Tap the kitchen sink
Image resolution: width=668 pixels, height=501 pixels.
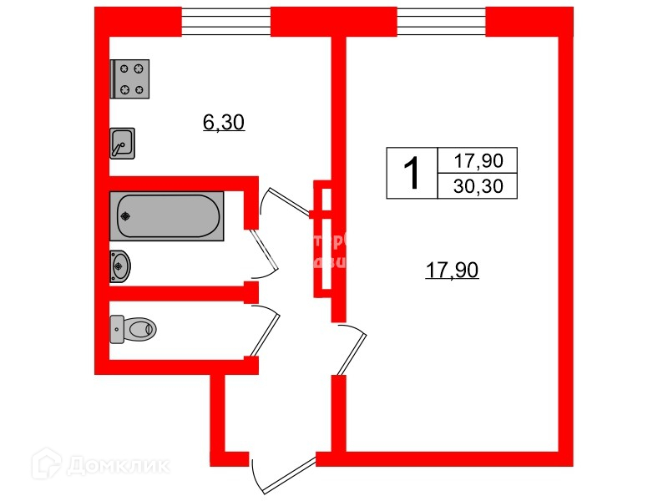click(122, 144)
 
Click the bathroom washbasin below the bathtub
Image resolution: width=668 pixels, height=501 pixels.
click(120, 267)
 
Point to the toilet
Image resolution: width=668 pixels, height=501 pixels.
click(134, 329)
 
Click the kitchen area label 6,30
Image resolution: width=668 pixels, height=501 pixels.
click(223, 124)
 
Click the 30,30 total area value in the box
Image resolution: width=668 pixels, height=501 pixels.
click(478, 186)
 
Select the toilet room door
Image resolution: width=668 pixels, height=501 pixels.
click(266, 334)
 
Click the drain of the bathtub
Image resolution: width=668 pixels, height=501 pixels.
click(125, 217)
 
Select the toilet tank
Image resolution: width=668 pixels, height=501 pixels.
click(116, 329)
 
